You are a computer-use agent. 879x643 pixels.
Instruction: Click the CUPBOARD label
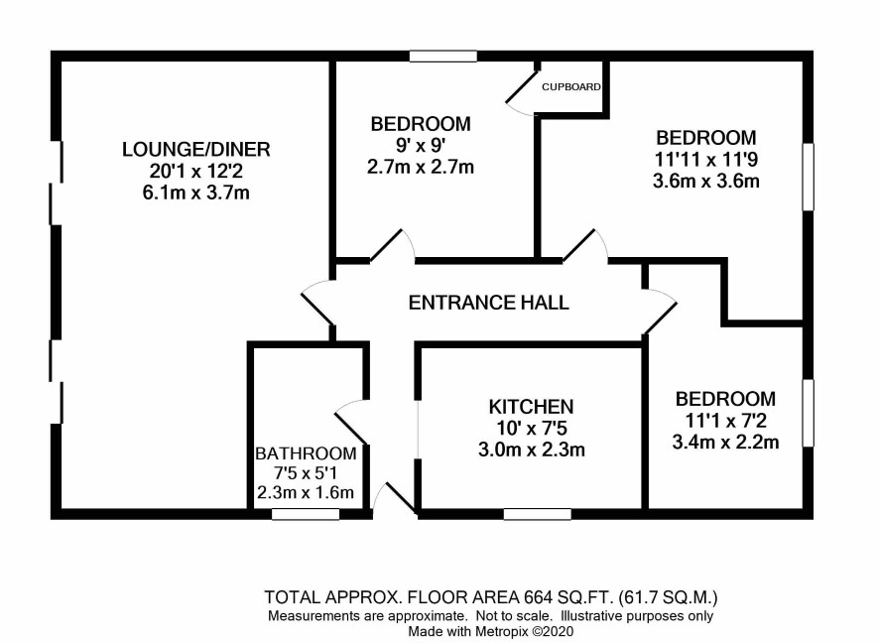click(571, 87)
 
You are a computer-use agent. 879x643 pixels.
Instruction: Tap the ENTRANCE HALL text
click(488, 303)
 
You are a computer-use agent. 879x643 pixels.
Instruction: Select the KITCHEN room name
click(531, 407)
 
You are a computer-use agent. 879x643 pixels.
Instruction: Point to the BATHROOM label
click(306, 452)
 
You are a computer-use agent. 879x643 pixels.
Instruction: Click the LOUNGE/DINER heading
click(196, 149)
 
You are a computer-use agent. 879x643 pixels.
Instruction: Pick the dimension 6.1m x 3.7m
click(196, 193)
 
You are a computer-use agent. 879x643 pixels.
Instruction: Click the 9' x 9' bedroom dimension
click(421, 145)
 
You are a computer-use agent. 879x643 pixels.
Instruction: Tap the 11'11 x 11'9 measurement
click(706, 160)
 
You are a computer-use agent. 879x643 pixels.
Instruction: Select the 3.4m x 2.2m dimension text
click(725, 443)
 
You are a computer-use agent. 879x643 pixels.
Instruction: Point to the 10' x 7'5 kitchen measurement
click(532, 429)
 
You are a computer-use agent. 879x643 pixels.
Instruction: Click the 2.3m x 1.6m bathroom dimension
click(306, 492)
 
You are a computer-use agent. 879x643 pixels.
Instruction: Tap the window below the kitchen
click(538, 514)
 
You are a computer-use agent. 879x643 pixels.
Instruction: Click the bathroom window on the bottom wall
click(306, 514)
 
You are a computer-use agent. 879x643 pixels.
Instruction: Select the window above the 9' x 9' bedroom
click(442, 56)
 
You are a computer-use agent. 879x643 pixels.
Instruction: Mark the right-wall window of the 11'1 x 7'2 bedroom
click(808, 413)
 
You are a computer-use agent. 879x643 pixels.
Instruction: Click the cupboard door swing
click(521, 93)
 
